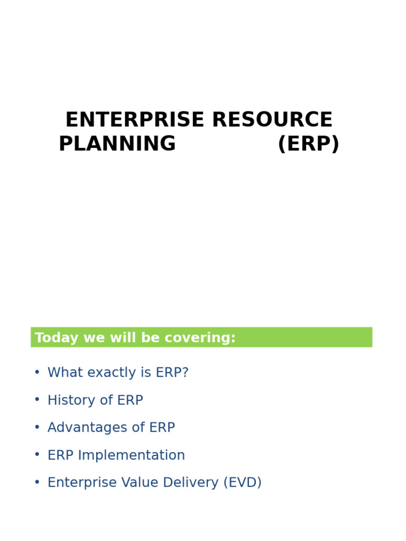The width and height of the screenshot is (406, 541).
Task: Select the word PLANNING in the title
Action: click(x=117, y=144)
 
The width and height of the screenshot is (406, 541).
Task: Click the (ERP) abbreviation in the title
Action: click(x=308, y=144)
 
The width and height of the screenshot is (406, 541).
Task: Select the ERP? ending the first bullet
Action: click(x=172, y=373)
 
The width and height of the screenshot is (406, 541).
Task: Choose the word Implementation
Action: click(x=132, y=455)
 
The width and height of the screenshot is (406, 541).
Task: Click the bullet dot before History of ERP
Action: click(x=37, y=400)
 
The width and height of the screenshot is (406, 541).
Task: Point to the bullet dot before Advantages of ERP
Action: click(x=37, y=427)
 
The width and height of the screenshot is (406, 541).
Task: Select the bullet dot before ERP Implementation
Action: click(x=37, y=455)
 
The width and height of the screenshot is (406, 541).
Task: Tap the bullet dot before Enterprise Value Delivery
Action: click(x=37, y=482)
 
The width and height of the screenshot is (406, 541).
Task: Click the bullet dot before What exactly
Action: click(x=37, y=372)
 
